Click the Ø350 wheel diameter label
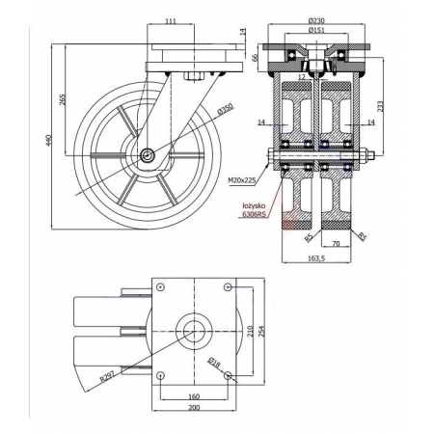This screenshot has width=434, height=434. click(x=226, y=109)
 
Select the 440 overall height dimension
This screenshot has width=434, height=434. click(x=48, y=140)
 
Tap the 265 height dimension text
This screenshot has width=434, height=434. click(x=63, y=99)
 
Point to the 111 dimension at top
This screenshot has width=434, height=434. click(x=171, y=21)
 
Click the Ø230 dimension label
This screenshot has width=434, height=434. click(x=316, y=20)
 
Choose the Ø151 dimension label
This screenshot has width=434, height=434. click(x=316, y=30)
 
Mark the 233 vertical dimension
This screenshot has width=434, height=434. click(x=380, y=106)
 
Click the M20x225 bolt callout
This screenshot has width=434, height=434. click(x=242, y=180)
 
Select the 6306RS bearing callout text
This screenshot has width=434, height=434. click(x=254, y=214)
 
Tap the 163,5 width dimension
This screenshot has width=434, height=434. click(x=316, y=258)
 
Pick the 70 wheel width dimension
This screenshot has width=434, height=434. click(x=336, y=244)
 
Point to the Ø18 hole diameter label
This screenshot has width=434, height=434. click(x=214, y=363)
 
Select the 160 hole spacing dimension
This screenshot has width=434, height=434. click(x=194, y=396)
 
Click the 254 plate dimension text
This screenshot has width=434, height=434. click(x=261, y=331)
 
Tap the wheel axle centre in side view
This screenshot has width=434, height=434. click(x=148, y=156)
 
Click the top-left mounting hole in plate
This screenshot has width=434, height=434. click(x=160, y=287)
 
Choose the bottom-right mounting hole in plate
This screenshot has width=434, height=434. click(x=228, y=375)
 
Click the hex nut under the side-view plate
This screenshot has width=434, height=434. click(x=193, y=76)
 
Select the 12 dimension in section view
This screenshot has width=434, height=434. click(x=301, y=77)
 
